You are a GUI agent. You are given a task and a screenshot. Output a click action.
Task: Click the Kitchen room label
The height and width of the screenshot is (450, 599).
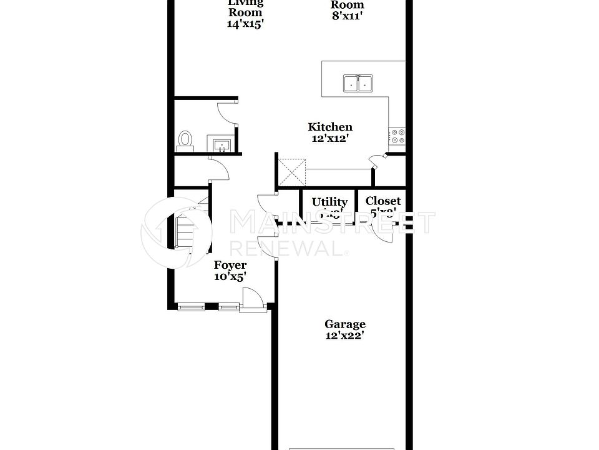[x=330, y=127]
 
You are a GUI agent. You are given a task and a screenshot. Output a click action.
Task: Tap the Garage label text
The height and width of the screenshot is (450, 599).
[x=344, y=324]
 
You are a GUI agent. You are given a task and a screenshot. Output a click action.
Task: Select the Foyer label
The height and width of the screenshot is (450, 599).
[x=230, y=265]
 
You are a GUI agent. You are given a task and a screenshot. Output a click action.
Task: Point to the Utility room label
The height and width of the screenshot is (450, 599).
[x=329, y=202]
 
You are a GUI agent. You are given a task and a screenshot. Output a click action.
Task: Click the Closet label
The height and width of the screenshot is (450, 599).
[x=383, y=201]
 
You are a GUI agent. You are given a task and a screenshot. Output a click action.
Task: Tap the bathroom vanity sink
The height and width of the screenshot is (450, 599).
[x=222, y=146]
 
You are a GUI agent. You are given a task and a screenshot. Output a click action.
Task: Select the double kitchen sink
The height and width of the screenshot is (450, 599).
[x=358, y=83]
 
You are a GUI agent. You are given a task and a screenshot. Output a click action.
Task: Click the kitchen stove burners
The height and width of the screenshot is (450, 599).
[x=397, y=136]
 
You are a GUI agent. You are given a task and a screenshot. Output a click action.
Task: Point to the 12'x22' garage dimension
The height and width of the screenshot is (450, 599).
[x=344, y=336]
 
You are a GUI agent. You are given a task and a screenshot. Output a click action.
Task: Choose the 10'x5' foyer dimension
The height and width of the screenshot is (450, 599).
[x=230, y=276]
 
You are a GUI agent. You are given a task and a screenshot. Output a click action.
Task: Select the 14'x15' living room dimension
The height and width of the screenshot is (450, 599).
[x=245, y=24]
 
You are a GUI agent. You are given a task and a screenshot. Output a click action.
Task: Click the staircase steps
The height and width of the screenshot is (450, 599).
[x=185, y=231]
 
